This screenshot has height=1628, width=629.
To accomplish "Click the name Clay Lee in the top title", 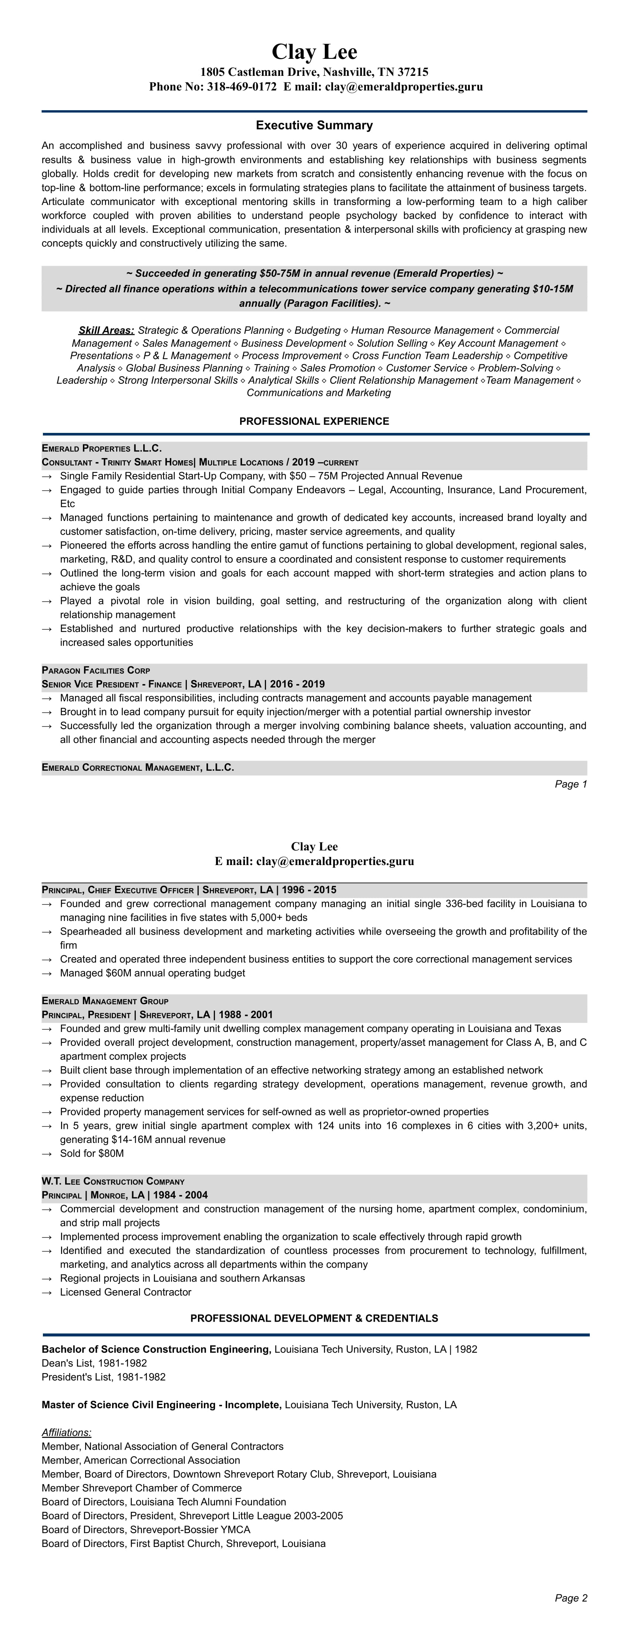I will (314, 51).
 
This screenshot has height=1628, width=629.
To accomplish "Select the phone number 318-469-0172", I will (242, 87).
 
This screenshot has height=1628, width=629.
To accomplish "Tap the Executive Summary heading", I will (314, 125).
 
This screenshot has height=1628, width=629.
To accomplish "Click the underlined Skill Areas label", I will (106, 330).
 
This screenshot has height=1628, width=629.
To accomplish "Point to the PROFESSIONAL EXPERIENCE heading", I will (314, 421).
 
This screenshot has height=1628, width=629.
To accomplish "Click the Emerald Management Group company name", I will (105, 1001).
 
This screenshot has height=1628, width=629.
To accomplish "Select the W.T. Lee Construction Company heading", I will (113, 1181).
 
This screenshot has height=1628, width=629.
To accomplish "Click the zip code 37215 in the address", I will (413, 72).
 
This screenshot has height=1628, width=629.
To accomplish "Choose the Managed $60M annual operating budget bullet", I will (152, 973).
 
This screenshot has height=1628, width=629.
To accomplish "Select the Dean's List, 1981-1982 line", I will (94, 1363).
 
